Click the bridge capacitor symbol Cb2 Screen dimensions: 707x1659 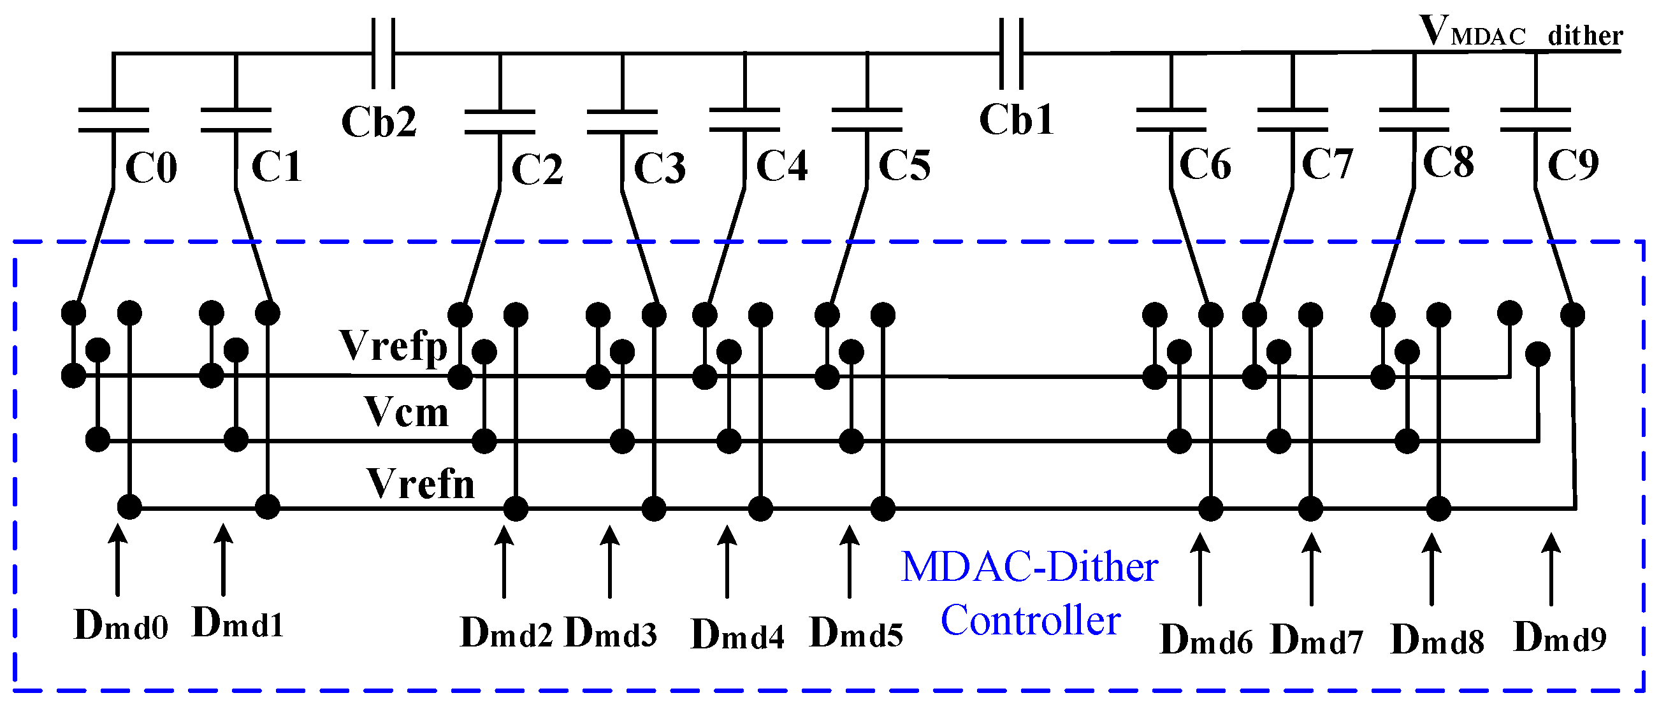click(x=383, y=54)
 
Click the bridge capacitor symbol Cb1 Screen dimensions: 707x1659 click(x=1011, y=54)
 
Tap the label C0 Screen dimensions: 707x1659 click(x=151, y=169)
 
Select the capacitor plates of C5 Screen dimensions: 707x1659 click(x=867, y=120)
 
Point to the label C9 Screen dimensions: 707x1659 click(x=1573, y=166)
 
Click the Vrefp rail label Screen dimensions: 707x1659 click(x=393, y=346)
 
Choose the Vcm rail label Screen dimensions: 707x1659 click(x=406, y=412)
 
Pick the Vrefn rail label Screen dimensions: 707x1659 click(x=421, y=483)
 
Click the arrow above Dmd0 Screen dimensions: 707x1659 click(x=117, y=561)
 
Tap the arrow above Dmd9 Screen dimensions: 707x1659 click(x=1551, y=569)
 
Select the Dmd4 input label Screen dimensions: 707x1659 click(x=737, y=636)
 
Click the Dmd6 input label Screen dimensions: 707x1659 click(x=1206, y=641)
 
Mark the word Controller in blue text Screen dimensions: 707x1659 click(x=1031, y=622)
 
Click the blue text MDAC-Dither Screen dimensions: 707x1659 click(x=1029, y=568)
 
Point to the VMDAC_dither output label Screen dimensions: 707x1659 click(x=1520, y=32)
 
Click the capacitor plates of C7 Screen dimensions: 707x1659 click(x=1293, y=120)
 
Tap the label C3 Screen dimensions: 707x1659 click(x=660, y=169)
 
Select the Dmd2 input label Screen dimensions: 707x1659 click(x=506, y=634)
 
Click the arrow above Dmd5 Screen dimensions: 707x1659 click(x=850, y=562)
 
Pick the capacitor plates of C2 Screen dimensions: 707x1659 click(x=500, y=122)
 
